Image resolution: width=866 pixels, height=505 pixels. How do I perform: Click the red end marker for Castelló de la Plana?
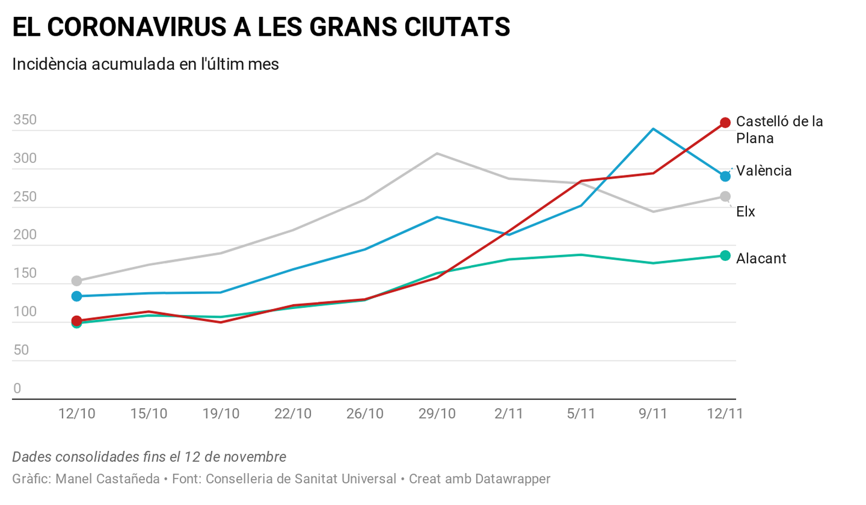[x=725, y=123]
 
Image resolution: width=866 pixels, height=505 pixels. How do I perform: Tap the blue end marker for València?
[x=725, y=176]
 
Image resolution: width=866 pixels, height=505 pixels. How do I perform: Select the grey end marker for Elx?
[x=725, y=196]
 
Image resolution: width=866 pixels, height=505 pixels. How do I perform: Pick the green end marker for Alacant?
[x=725, y=255]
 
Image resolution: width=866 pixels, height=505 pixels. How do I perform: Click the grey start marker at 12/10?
[x=77, y=281]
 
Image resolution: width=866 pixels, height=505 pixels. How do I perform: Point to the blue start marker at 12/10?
[x=77, y=296]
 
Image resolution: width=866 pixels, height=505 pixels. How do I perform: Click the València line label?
[x=764, y=171]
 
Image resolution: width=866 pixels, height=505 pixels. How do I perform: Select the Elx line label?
[x=745, y=212]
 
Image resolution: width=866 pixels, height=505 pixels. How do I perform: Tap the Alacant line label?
[x=761, y=259]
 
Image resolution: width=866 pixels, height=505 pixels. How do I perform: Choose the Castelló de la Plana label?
[x=779, y=130]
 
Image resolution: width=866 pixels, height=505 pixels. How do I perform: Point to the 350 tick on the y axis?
[x=25, y=120]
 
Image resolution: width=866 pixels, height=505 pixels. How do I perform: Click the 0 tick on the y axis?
[x=17, y=388]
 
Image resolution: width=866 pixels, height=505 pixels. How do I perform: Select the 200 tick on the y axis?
[x=25, y=235]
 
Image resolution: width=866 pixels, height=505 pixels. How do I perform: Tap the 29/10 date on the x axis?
[x=437, y=414]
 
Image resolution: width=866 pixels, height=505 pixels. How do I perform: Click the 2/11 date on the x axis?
[x=509, y=414]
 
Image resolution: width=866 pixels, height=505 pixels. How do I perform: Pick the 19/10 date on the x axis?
[x=221, y=414]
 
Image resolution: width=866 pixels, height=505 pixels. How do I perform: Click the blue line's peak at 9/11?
[x=653, y=129]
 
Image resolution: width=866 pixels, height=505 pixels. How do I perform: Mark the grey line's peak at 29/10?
[x=437, y=153]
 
